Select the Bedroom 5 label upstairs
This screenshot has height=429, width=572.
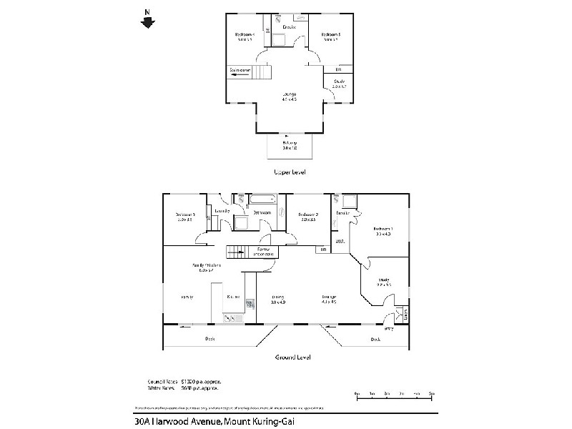[330, 36]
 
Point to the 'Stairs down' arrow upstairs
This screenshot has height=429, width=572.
[240, 71]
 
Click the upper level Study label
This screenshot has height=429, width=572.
[339, 84]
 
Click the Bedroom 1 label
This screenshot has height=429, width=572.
[383, 232]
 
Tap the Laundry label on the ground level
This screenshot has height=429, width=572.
[222, 212]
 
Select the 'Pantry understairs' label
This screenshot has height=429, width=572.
[264, 252]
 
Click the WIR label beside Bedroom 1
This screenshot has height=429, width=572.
[340, 242]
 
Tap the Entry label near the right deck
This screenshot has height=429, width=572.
[390, 329]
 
